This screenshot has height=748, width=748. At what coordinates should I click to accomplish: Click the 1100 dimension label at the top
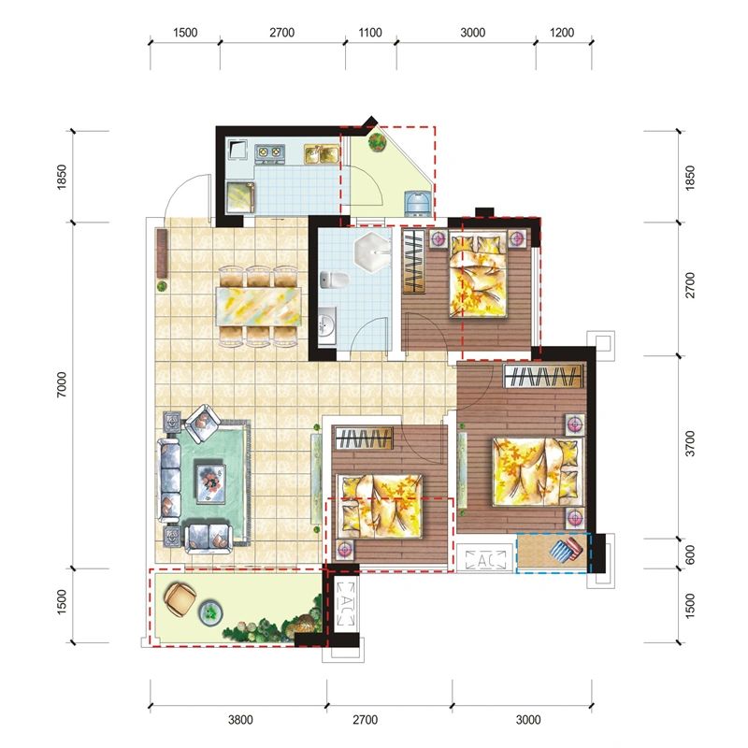[370, 33]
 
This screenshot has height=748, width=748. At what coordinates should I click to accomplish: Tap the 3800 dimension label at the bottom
[240, 719]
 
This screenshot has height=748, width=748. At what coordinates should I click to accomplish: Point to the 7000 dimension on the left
[62, 385]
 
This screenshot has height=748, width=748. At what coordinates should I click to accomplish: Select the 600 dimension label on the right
[690, 554]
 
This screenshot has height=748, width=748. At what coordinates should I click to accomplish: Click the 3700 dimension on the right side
[690, 443]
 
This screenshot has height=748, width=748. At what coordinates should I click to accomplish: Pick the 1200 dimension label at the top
[562, 33]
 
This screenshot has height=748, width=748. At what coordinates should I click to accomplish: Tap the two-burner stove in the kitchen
[269, 152]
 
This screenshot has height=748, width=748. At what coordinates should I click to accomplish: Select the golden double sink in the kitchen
[322, 153]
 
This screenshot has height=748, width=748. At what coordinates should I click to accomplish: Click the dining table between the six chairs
[259, 306]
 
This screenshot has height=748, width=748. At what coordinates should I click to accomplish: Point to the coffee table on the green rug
[210, 482]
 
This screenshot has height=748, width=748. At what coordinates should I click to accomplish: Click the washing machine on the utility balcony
[418, 203]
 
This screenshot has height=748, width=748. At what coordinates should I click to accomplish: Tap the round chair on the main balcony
[180, 598]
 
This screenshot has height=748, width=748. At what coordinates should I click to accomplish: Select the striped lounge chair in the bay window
[567, 550]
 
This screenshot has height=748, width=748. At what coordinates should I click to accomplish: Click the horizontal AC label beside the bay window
[485, 559]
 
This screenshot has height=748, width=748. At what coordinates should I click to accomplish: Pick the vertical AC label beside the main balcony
[344, 603]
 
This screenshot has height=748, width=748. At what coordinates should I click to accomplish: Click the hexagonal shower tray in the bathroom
[372, 252]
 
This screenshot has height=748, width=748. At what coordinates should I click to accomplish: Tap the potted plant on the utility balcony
[378, 142]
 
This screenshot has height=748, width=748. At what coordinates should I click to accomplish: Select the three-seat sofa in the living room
[169, 481]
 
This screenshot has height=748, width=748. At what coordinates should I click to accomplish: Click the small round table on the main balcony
[210, 612]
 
